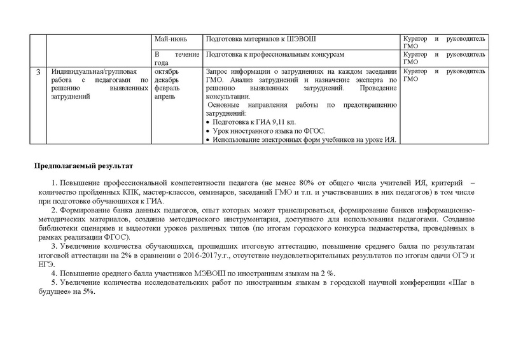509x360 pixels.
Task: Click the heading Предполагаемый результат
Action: pos(83,167)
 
